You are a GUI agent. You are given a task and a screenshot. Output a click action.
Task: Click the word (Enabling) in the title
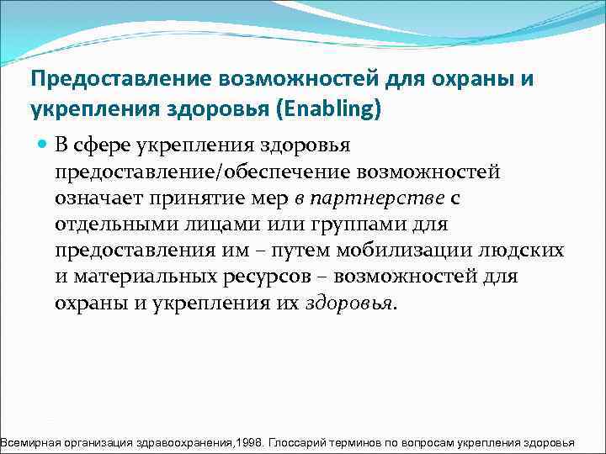(336, 109)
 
